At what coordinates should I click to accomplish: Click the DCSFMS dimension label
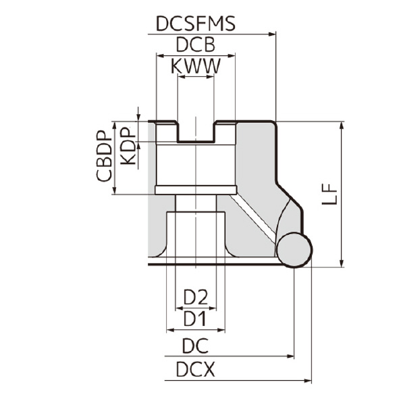195,24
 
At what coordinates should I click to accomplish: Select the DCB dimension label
195,45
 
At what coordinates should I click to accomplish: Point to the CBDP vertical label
103,156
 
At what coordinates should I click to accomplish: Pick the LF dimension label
329,194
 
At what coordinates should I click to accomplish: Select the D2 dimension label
196,296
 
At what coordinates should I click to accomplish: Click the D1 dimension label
196,317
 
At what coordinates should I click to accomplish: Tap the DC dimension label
195,346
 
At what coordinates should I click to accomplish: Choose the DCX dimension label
195,370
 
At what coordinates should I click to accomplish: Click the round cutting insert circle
294,250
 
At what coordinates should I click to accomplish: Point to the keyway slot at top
196,132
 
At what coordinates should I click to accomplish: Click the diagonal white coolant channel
252,217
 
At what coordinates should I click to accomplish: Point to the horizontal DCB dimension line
196,55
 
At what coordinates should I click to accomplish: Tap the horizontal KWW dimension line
196,76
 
